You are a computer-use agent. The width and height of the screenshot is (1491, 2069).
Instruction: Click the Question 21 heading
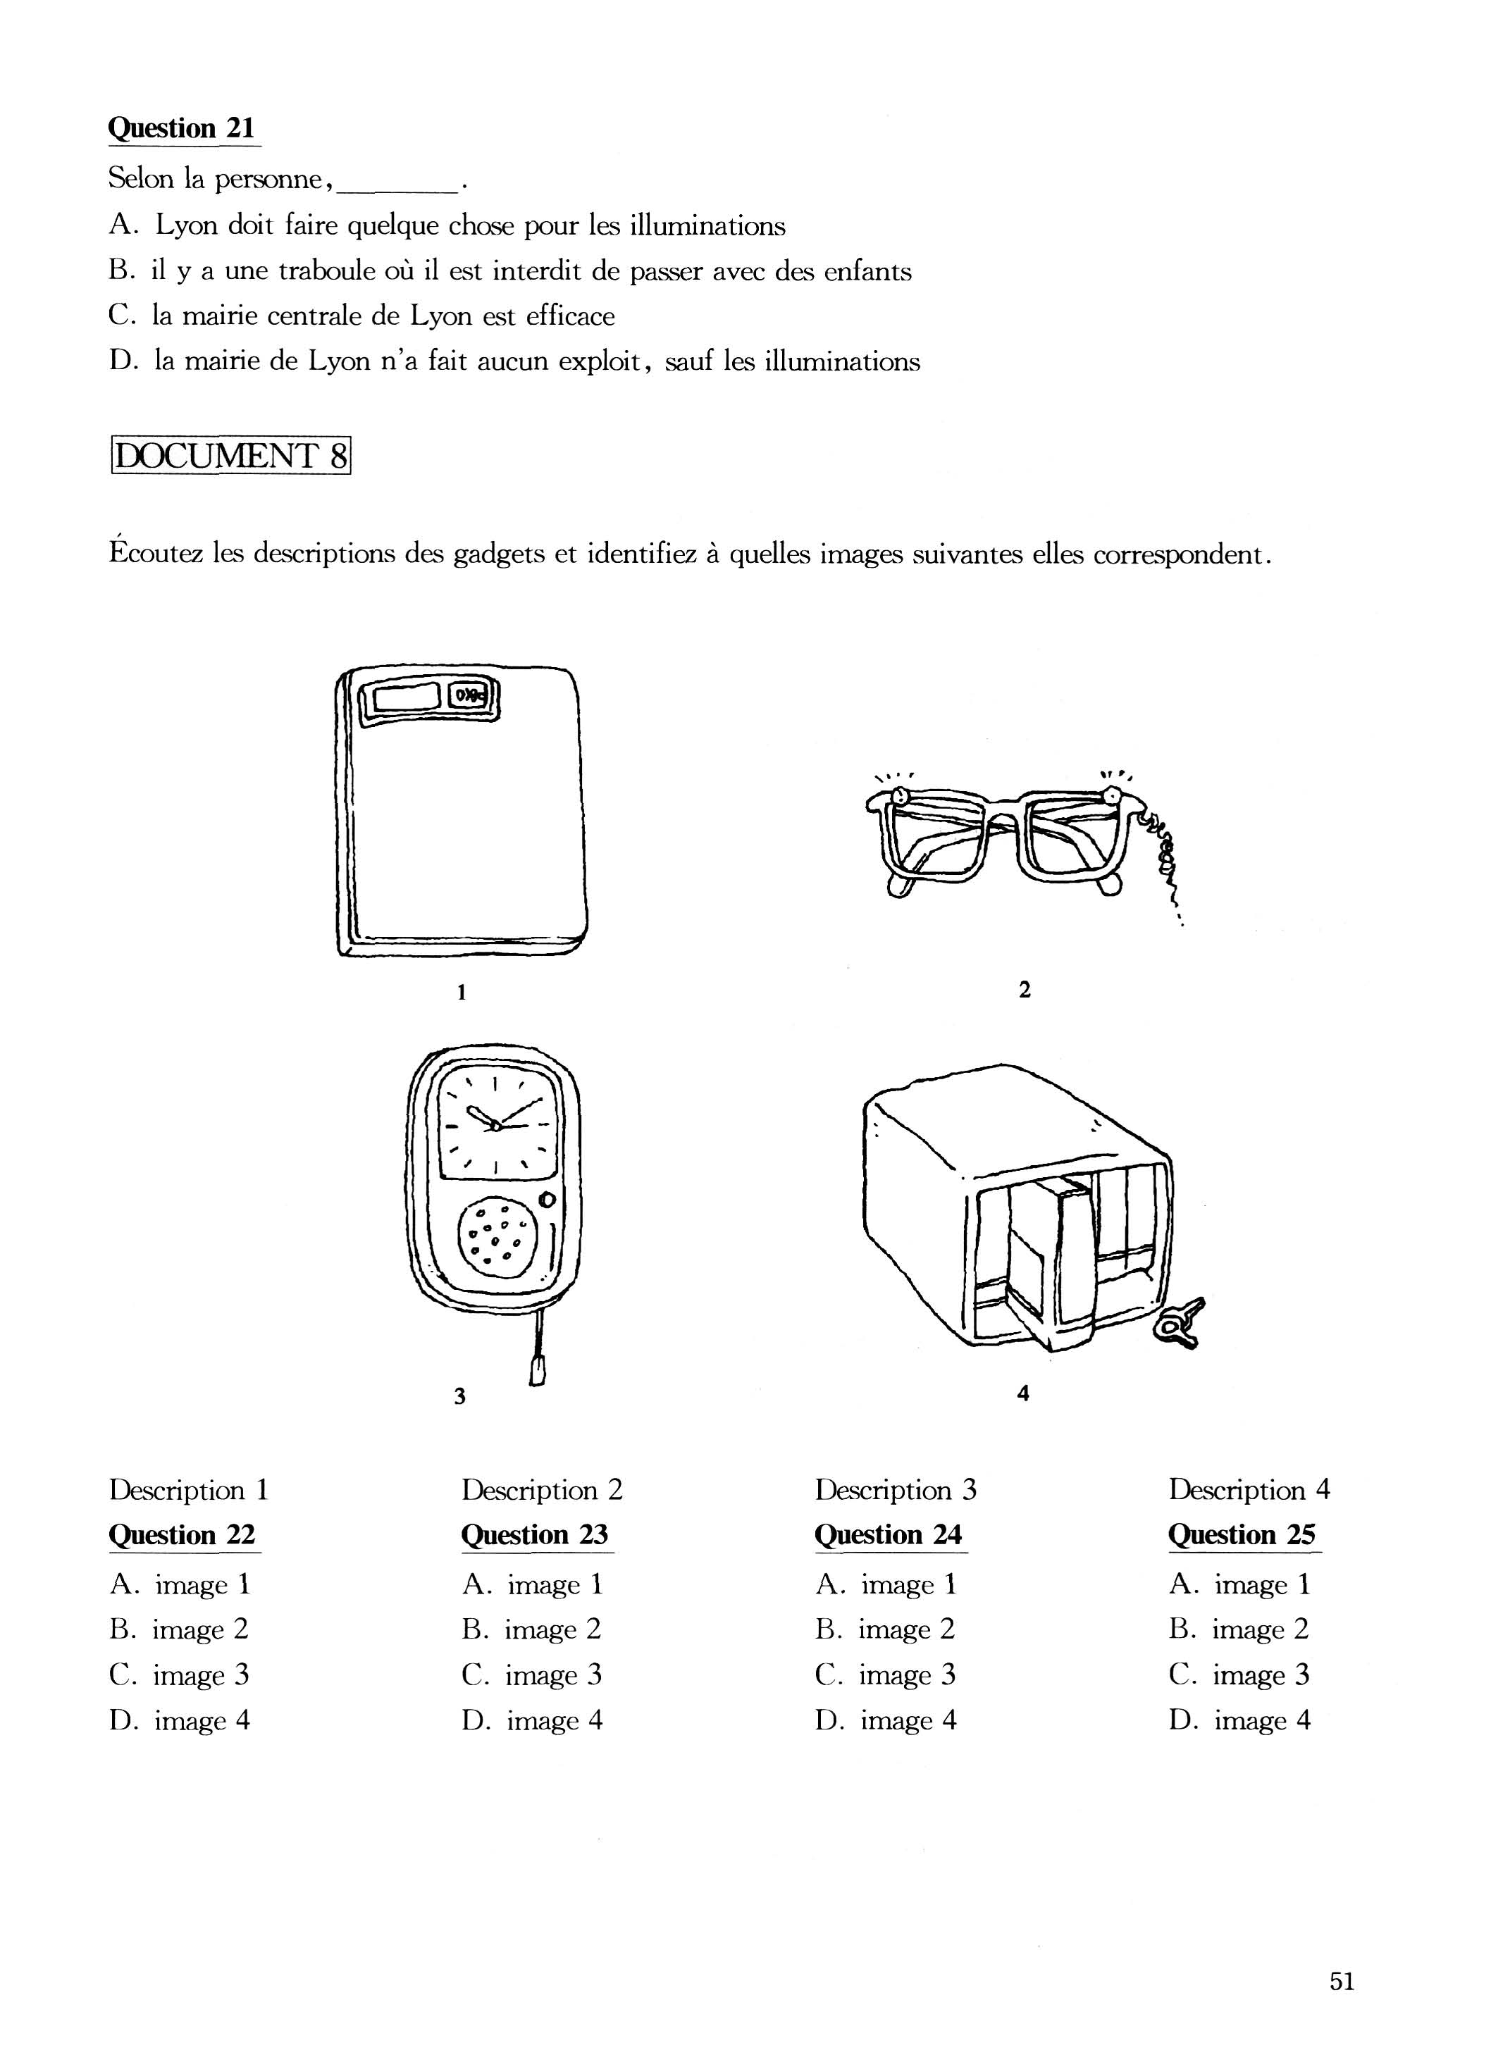coord(182,128)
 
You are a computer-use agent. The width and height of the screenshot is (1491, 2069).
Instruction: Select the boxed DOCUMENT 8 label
coord(231,455)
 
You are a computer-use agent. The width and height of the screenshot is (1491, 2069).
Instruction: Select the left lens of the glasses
coord(934,831)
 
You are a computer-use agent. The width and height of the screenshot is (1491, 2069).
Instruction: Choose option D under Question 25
coord(1239,1720)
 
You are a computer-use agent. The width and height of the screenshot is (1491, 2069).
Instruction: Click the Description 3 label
coord(895,1490)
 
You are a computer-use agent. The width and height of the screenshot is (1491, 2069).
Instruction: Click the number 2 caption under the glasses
coord(1024,989)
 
